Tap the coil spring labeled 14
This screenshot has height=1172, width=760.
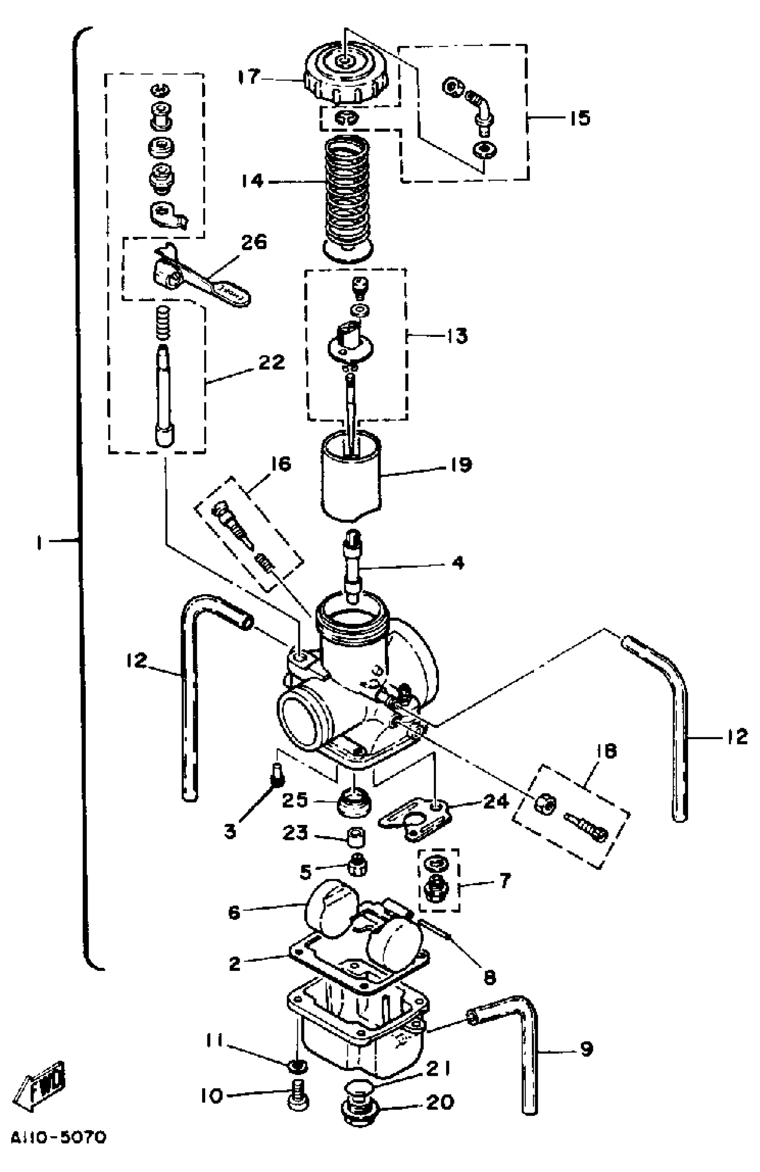(x=348, y=197)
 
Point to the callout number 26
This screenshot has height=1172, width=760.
(x=253, y=242)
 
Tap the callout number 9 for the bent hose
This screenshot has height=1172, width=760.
(x=586, y=1050)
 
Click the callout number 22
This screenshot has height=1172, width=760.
(x=271, y=362)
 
